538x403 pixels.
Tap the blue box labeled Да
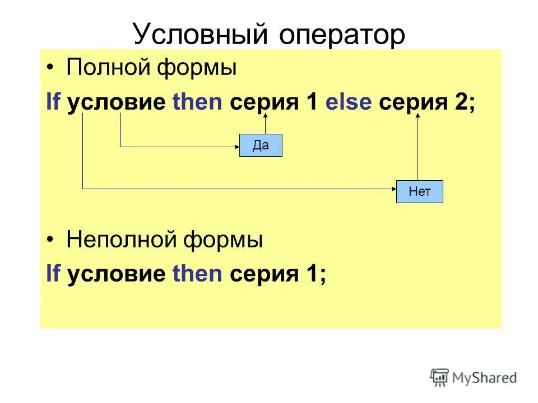coord(261,146)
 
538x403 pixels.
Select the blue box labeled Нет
coord(419,191)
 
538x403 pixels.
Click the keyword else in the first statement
coord(349,104)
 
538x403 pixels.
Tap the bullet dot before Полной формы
coord(52,69)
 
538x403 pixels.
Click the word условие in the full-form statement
coord(116,104)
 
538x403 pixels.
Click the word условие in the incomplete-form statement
coord(116,274)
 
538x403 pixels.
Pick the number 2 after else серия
coord(465,104)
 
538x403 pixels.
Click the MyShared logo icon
coord(439,377)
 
